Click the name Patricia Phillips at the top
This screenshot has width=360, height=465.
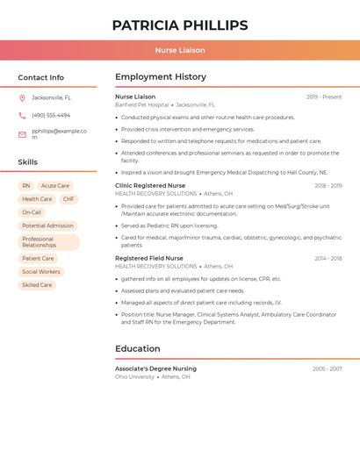pos(180,25)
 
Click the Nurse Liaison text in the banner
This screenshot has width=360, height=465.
pos(180,51)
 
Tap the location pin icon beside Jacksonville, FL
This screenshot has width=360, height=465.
pos(22,98)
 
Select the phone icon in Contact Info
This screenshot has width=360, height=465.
pos(22,116)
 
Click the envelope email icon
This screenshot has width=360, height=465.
pos(22,134)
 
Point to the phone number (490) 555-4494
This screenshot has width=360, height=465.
pos(51,116)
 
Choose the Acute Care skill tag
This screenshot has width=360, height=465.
pos(55,186)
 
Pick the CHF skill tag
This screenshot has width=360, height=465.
pos(68,199)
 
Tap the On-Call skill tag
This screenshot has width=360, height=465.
pos(32,212)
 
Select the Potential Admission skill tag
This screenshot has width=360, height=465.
pos(47,225)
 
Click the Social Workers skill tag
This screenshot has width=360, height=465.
pos(41,272)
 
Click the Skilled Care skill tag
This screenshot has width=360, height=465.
pos(37,285)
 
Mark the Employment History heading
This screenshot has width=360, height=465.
pos(161,77)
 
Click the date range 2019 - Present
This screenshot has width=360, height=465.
pos(324,97)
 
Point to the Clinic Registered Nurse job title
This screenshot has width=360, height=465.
pos(150,186)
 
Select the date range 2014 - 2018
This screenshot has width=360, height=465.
pos(328,259)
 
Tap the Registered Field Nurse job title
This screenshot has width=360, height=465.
pos(149,259)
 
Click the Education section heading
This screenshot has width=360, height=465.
pos(138,349)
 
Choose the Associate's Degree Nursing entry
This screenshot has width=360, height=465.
pos(155,369)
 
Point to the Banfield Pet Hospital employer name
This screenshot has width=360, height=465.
pos(141,104)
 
